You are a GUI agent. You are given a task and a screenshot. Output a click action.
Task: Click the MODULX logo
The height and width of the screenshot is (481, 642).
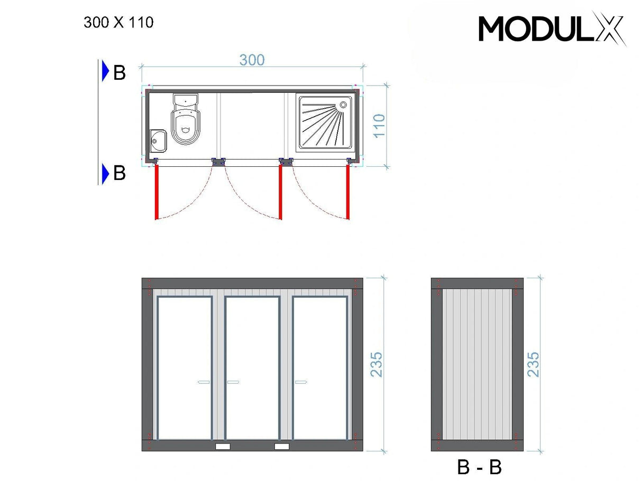tap(552, 29)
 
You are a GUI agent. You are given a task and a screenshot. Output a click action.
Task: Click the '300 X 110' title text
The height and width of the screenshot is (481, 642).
tap(118, 23)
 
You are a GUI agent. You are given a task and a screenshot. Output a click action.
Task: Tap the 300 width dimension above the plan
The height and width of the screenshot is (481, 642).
tap(252, 60)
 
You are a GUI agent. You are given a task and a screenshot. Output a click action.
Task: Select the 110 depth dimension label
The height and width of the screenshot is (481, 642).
tap(380, 126)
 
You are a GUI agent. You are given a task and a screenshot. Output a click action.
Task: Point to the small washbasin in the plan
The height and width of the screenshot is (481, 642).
tap(158, 140)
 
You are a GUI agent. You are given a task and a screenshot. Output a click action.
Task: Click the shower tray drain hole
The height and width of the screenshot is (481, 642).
tap(344, 104)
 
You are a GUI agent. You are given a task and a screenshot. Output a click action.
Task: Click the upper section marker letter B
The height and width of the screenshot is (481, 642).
tap(120, 73)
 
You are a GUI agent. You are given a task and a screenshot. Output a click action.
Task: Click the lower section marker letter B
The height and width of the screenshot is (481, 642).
tap(120, 173)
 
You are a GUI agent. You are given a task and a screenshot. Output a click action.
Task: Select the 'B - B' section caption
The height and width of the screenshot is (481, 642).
tap(479, 467)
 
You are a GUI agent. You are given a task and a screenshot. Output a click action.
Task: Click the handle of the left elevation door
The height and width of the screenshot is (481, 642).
tap(204, 381)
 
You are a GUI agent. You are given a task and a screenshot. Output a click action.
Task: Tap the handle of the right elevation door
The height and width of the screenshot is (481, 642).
tap(301, 381)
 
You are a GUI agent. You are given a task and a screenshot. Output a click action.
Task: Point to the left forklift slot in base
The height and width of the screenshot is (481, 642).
tap(223, 446)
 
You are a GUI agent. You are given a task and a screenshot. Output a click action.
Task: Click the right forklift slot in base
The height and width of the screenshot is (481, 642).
tap(282, 446)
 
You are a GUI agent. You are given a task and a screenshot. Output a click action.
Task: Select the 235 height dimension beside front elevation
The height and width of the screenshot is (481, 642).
tap(376, 364)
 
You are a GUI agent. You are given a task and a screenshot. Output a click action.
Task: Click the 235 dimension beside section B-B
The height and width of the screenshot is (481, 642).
tap(534, 364)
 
